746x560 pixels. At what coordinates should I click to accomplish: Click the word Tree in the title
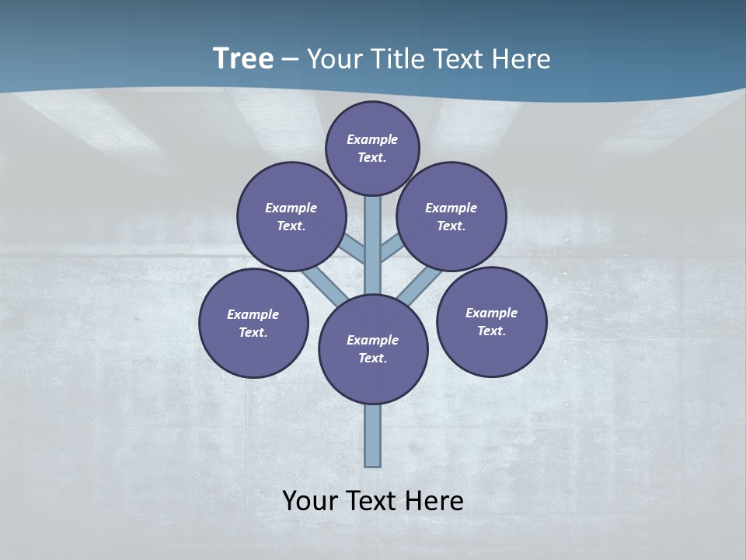(x=243, y=58)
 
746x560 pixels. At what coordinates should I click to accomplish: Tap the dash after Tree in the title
(x=290, y=60)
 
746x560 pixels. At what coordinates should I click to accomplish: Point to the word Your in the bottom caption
(x=310, y=500)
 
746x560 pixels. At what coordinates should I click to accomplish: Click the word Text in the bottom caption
(x=372, y=500)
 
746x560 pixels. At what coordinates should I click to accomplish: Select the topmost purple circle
(x=372, y=148)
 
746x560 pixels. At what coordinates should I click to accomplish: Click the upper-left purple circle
(x=291, y=216)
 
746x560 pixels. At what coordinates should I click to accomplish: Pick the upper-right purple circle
(x=451, y=216)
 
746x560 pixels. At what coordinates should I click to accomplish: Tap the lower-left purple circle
(x=253, y=323)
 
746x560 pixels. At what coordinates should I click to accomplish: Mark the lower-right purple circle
(x=491, y=321)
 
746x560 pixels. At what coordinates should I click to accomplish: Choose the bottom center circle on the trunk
(x=373, y=349)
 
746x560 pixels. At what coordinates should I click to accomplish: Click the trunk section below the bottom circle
(x=373, y=436)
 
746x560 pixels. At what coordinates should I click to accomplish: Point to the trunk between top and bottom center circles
(x=373, y=245)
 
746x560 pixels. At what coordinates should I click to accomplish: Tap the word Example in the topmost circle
(x=372, y=139)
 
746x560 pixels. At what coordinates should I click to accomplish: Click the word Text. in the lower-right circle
(x=491, y=331)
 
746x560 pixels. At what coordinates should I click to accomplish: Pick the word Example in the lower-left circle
(x=253, y=314)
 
